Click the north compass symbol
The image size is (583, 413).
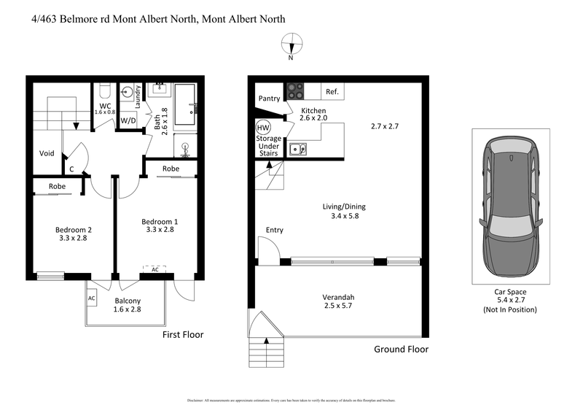point(291,43)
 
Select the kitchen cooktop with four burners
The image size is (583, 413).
point(294,92)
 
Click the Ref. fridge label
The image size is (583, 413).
point(332,92)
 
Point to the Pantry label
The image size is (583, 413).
point(268,99)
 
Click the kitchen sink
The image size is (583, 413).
point(297,149)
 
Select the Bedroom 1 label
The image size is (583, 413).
point(160,221)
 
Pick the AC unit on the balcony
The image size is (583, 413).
point(92,298)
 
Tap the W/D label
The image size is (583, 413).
point(128,120)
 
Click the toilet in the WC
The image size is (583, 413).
point(104,90)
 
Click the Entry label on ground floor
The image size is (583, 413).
point(274,231)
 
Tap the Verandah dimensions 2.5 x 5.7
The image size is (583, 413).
point(338,307)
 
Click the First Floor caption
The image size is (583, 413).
point(182,334)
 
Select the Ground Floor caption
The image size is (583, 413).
point(401,349)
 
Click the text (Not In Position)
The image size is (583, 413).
point(510,310)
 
